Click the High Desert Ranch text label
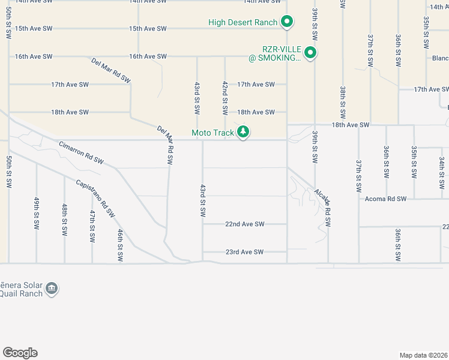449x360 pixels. click(243, 23)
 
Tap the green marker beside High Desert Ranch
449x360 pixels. click(287, 22)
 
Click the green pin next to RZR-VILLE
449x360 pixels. click(310, 53)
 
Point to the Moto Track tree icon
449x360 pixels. click(243, 131)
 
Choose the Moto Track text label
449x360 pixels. click(213, 133)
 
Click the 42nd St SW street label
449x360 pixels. click(224, 98)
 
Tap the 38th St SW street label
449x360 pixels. click(342, 102)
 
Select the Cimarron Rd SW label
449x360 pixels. click(81, 153)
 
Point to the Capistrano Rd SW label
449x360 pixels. click(95, 198)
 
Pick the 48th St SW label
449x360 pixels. click(64, 219)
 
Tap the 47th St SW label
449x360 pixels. click(92, 226)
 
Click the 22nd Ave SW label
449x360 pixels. click(244, 224)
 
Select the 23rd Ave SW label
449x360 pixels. click(244, 252)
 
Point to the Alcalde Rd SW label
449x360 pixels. click(322, 207)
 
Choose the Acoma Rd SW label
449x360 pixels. click(384, 199)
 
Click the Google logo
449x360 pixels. click(20, 353)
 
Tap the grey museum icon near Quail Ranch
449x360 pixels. click(52, 288)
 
